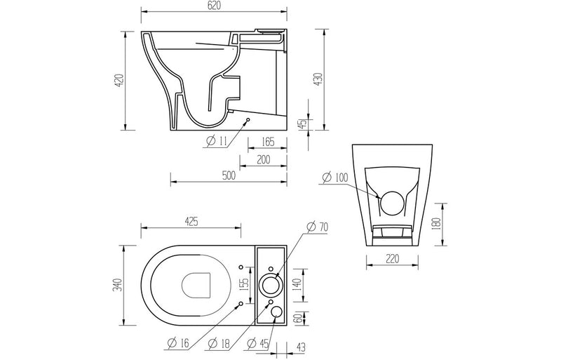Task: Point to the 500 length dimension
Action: (228, 176)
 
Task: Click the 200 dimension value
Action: (264, 160)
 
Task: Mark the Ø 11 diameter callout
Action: (217, 142)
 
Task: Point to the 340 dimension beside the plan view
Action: (119, 284)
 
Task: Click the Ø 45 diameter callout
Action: (259, 343)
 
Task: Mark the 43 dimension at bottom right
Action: (300, 345)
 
